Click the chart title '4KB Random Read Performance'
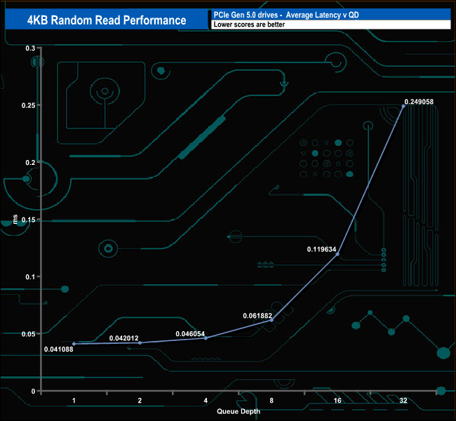point(107,20)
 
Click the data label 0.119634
point(322,248)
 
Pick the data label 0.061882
point(257,316)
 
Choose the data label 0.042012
point(124,339)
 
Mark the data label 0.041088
point(58,349)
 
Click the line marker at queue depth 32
point(403,106)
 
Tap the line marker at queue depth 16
point(337,254)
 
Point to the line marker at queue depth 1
point(74,344)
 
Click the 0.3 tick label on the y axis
point(29,48)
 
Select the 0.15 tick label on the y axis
point(27,220)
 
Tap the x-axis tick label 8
point(271,400)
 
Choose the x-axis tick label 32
point(403,400)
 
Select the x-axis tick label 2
point(140,400)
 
